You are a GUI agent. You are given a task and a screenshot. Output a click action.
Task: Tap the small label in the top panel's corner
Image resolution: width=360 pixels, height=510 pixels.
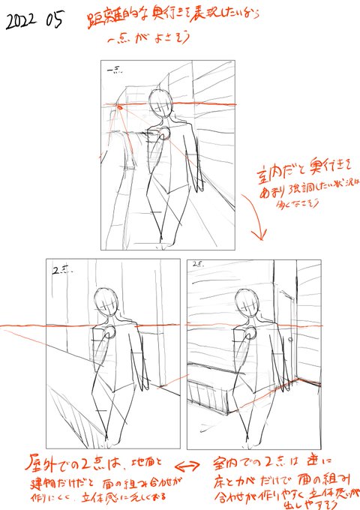pyautogui.click(x=115, y=71)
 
